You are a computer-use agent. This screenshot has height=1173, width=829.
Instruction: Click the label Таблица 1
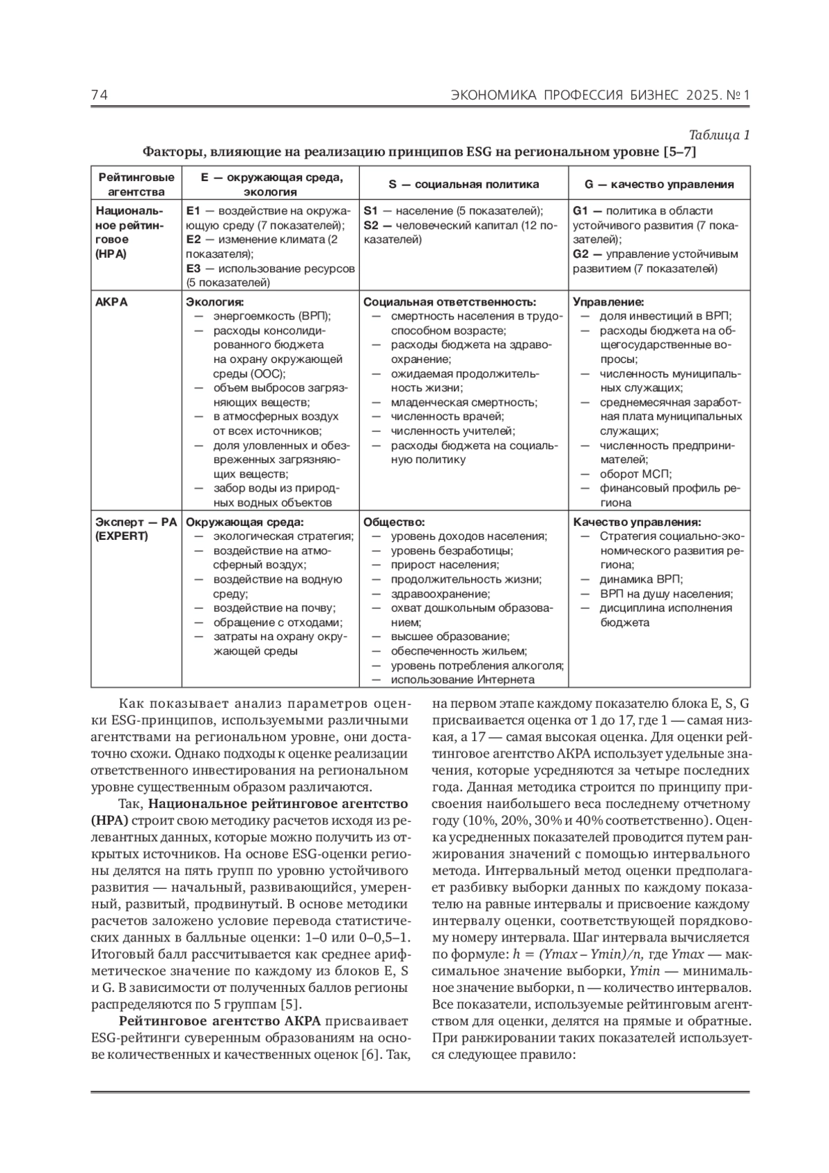[719, 135]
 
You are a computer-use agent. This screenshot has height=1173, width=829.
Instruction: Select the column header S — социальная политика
[463, 185]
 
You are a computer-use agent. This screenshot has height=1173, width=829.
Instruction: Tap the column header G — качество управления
[659, 185]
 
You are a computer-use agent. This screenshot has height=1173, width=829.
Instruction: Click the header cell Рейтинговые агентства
[136, 185]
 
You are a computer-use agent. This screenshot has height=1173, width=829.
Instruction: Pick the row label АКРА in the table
[111, 302]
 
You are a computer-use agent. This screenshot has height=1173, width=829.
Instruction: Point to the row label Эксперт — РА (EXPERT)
[136, 529]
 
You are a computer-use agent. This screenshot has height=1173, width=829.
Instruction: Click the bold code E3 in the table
[193, 268]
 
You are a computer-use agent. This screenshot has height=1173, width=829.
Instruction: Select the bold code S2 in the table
[370, 225]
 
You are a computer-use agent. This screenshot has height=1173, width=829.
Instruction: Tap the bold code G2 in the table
[580, 254]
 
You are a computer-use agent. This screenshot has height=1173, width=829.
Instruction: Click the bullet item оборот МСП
[635, 474]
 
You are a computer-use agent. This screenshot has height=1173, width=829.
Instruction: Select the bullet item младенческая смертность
[464, 402]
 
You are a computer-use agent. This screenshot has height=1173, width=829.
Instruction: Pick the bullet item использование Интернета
[462, 679]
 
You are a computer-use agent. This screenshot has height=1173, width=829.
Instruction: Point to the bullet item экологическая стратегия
[283, 536]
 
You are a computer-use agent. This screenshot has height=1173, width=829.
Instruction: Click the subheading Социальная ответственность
[450, 302]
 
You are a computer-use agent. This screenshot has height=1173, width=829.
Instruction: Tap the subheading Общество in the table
[394, 523]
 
